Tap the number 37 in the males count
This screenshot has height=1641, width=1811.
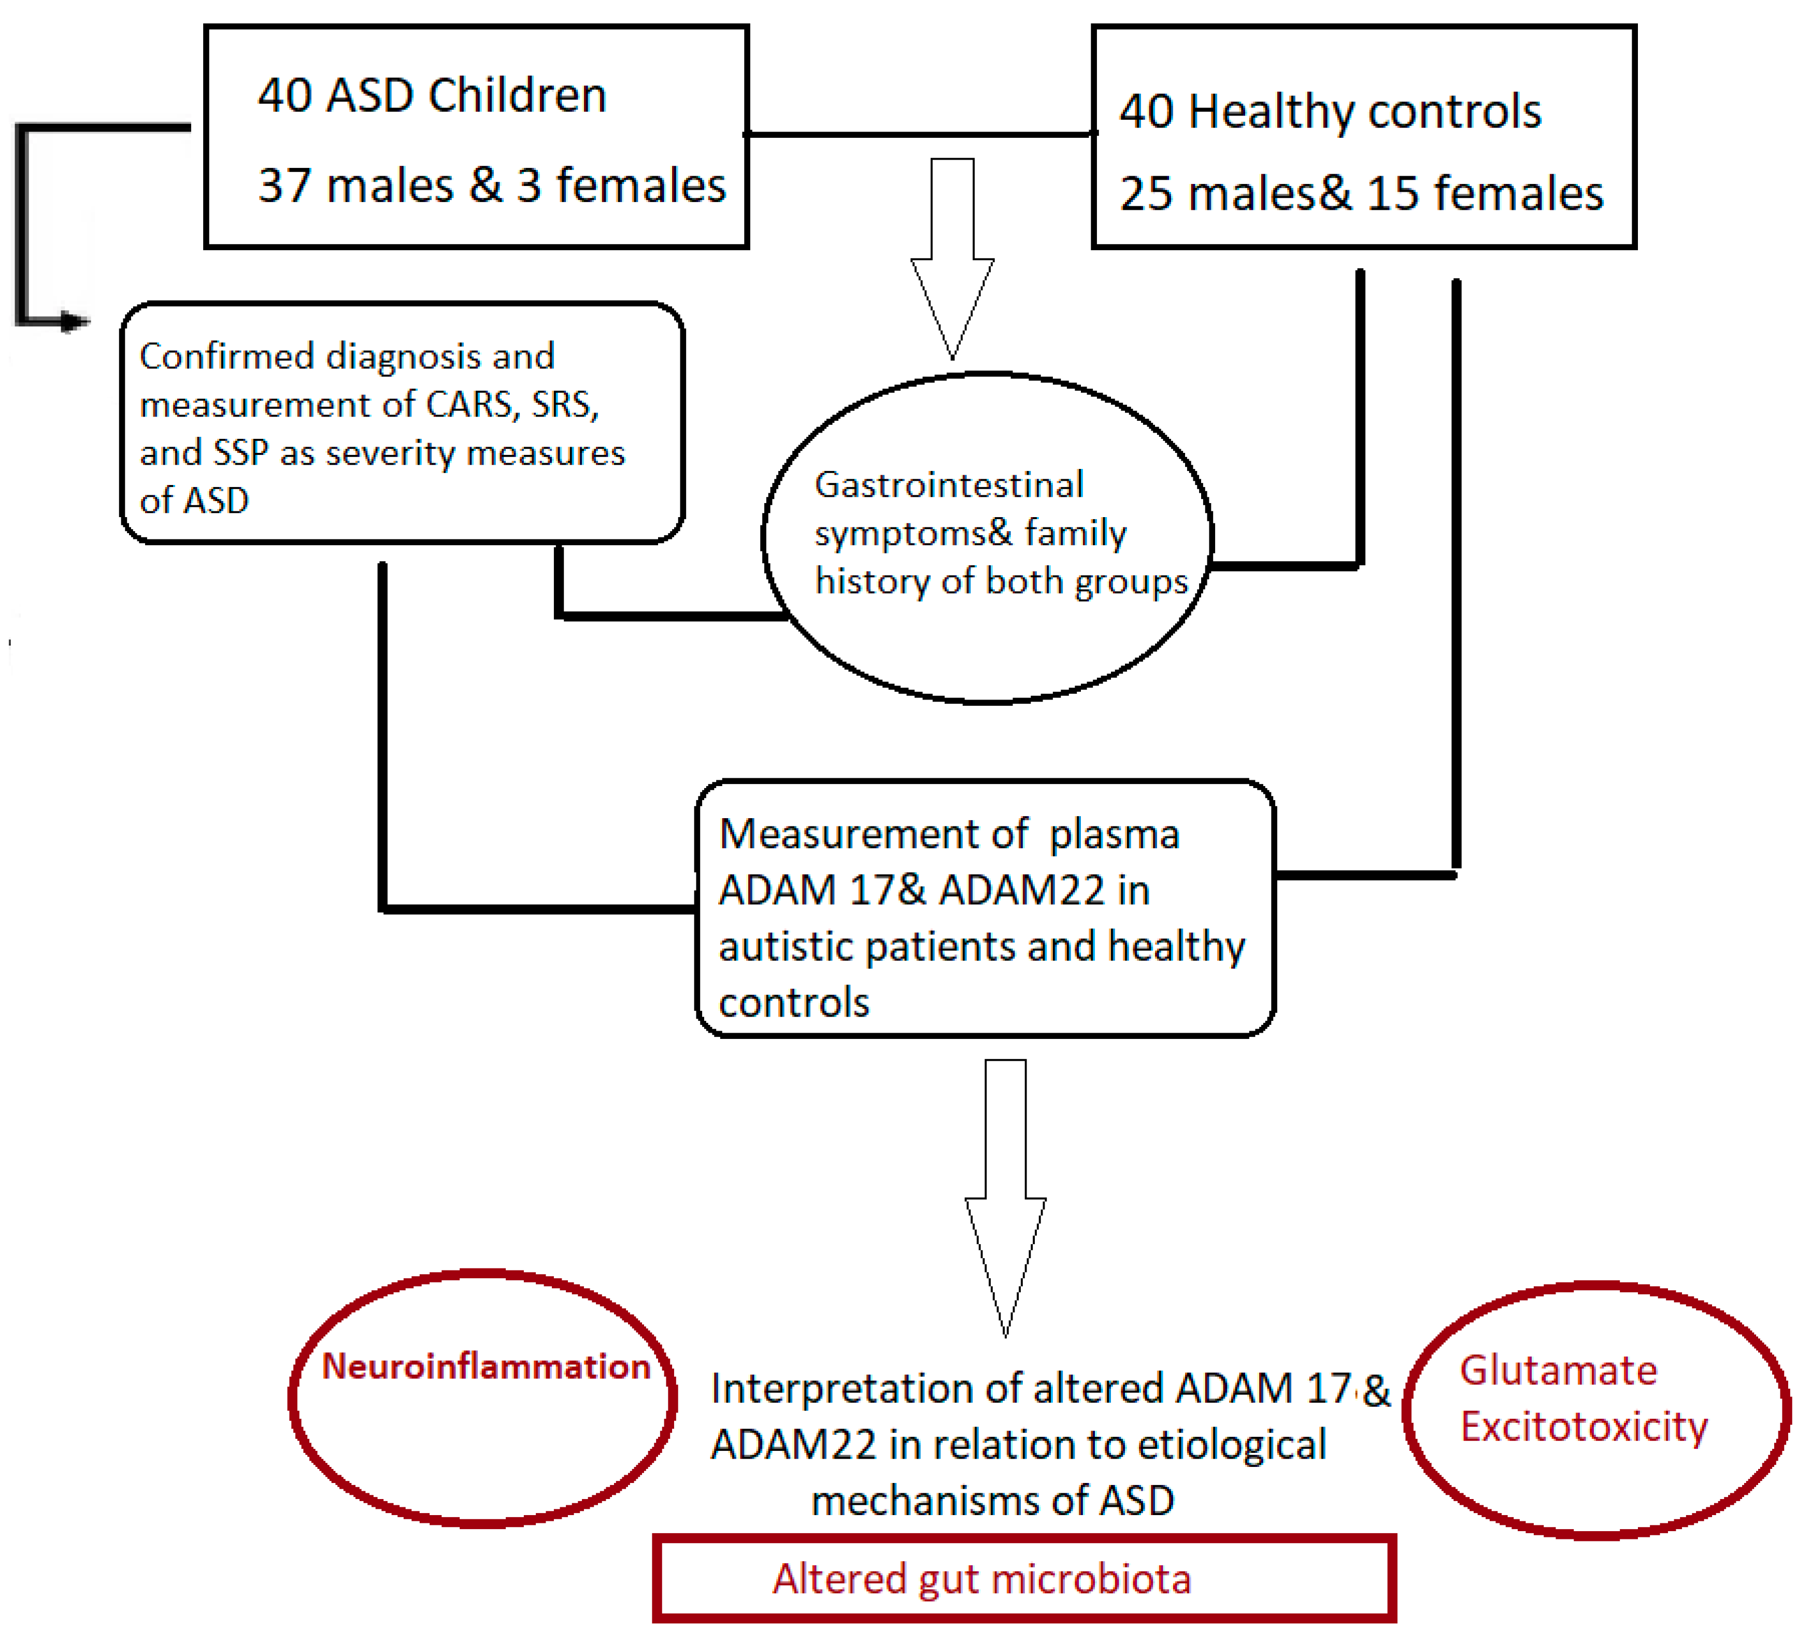[284, 186]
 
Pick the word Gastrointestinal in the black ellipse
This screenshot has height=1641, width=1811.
[949, 485]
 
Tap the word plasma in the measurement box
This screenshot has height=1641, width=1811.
[1114, 834]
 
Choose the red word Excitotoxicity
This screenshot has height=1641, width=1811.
[1583, 1426]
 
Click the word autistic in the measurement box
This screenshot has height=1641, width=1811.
[791, 947]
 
